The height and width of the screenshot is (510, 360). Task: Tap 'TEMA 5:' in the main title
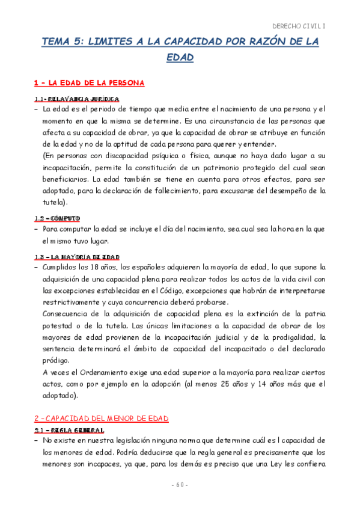click(61, 41)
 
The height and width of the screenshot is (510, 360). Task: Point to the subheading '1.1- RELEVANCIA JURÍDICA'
click(76, 98)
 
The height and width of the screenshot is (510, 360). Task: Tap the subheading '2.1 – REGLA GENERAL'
click(69, 431)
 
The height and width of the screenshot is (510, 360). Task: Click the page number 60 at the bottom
click(179, 485)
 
